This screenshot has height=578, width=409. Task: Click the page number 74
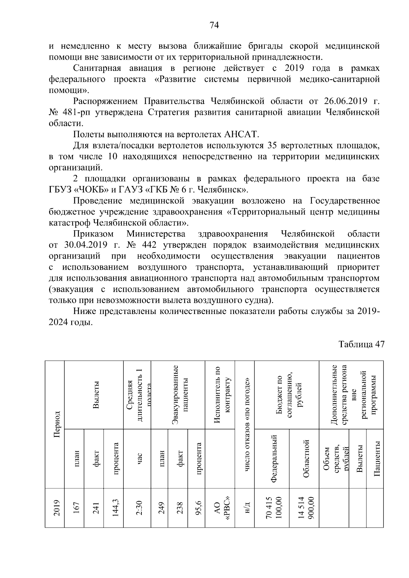pos(214,25)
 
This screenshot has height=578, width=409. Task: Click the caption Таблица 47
pos(361,344)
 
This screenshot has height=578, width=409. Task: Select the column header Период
pos(57,424)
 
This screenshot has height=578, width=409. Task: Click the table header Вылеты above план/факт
pos(96,394)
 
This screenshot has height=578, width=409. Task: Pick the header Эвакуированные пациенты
pos(180,394)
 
